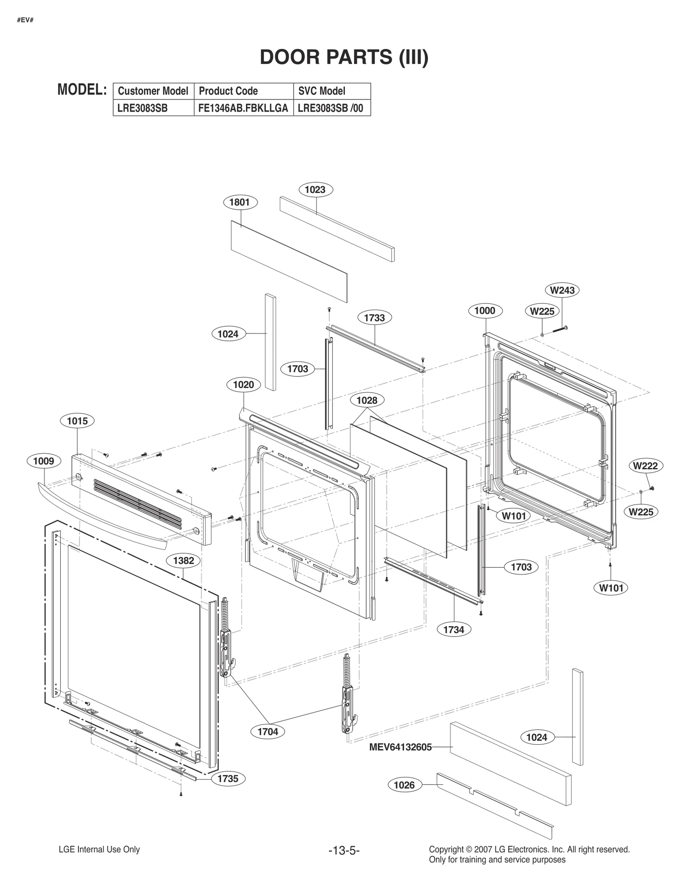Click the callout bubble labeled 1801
coord(240,202)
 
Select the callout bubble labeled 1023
coord(315,190)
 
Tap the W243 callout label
coord(562,290)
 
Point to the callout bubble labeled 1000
coord(485,311)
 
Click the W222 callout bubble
coord(645,465)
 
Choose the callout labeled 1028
coord(367,400)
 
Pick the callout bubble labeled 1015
coord(77,421)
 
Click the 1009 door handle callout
coord(43,461)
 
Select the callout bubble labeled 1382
coord(184,560)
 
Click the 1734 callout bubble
coord(454,630)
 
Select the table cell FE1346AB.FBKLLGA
coord(243,108)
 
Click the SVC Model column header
coord(322,91)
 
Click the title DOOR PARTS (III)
coord(344,57)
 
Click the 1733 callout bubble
coord(374,318)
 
